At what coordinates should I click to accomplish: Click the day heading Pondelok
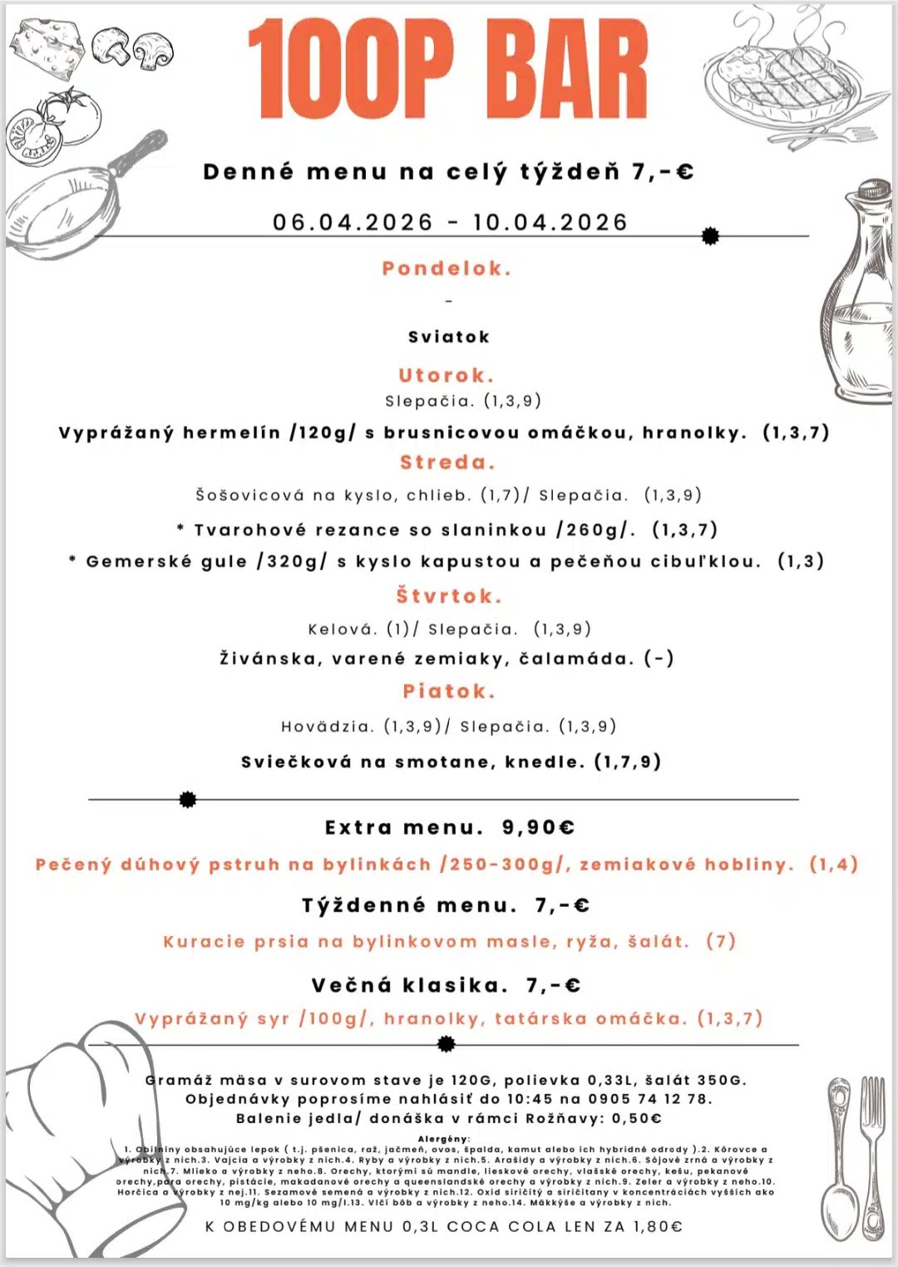click(x=447, y=269)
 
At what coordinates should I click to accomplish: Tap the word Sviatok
click(x=449, y=337)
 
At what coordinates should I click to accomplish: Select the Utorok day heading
click(x=447, y=375)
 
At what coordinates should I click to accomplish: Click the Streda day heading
click(x=447, y=462)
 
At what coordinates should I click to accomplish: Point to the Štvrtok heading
click(x=449, y=596)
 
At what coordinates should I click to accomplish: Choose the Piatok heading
click(x=449, y=691)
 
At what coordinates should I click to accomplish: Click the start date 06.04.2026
click(x=353, y=223)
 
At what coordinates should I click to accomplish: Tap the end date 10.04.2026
click(x=550, y=223)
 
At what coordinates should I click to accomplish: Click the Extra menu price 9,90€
click(x=539, y=828)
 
